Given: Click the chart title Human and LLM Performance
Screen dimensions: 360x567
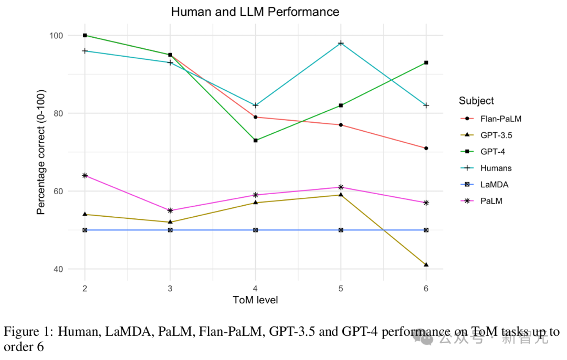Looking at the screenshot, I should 255,12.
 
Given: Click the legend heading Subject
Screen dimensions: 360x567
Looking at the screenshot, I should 476,101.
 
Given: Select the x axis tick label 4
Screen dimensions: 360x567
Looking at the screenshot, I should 255,288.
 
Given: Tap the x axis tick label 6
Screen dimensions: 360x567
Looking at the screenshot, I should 426,288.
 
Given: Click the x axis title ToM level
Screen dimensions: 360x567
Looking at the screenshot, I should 255,300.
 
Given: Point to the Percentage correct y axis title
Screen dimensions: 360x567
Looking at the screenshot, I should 41,152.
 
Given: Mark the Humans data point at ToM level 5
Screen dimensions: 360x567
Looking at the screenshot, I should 341,43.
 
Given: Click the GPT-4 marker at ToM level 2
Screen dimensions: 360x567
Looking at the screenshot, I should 85,35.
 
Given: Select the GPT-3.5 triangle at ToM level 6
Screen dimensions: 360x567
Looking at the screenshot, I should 426,264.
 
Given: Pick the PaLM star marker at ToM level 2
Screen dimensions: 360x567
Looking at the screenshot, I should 85,175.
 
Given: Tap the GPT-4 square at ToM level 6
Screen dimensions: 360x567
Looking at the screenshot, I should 426,62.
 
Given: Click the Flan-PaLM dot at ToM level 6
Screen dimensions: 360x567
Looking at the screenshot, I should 426,148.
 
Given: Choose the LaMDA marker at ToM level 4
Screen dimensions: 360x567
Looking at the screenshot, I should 255,230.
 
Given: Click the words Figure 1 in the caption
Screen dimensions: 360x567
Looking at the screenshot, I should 27,332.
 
